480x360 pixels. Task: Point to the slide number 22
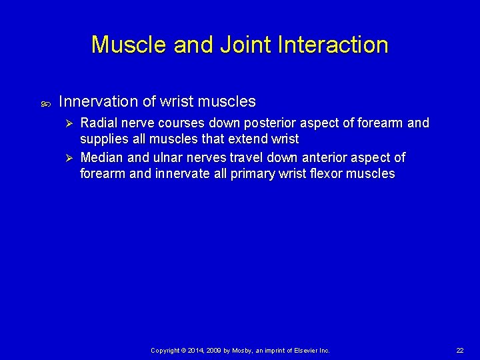(459, 351)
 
